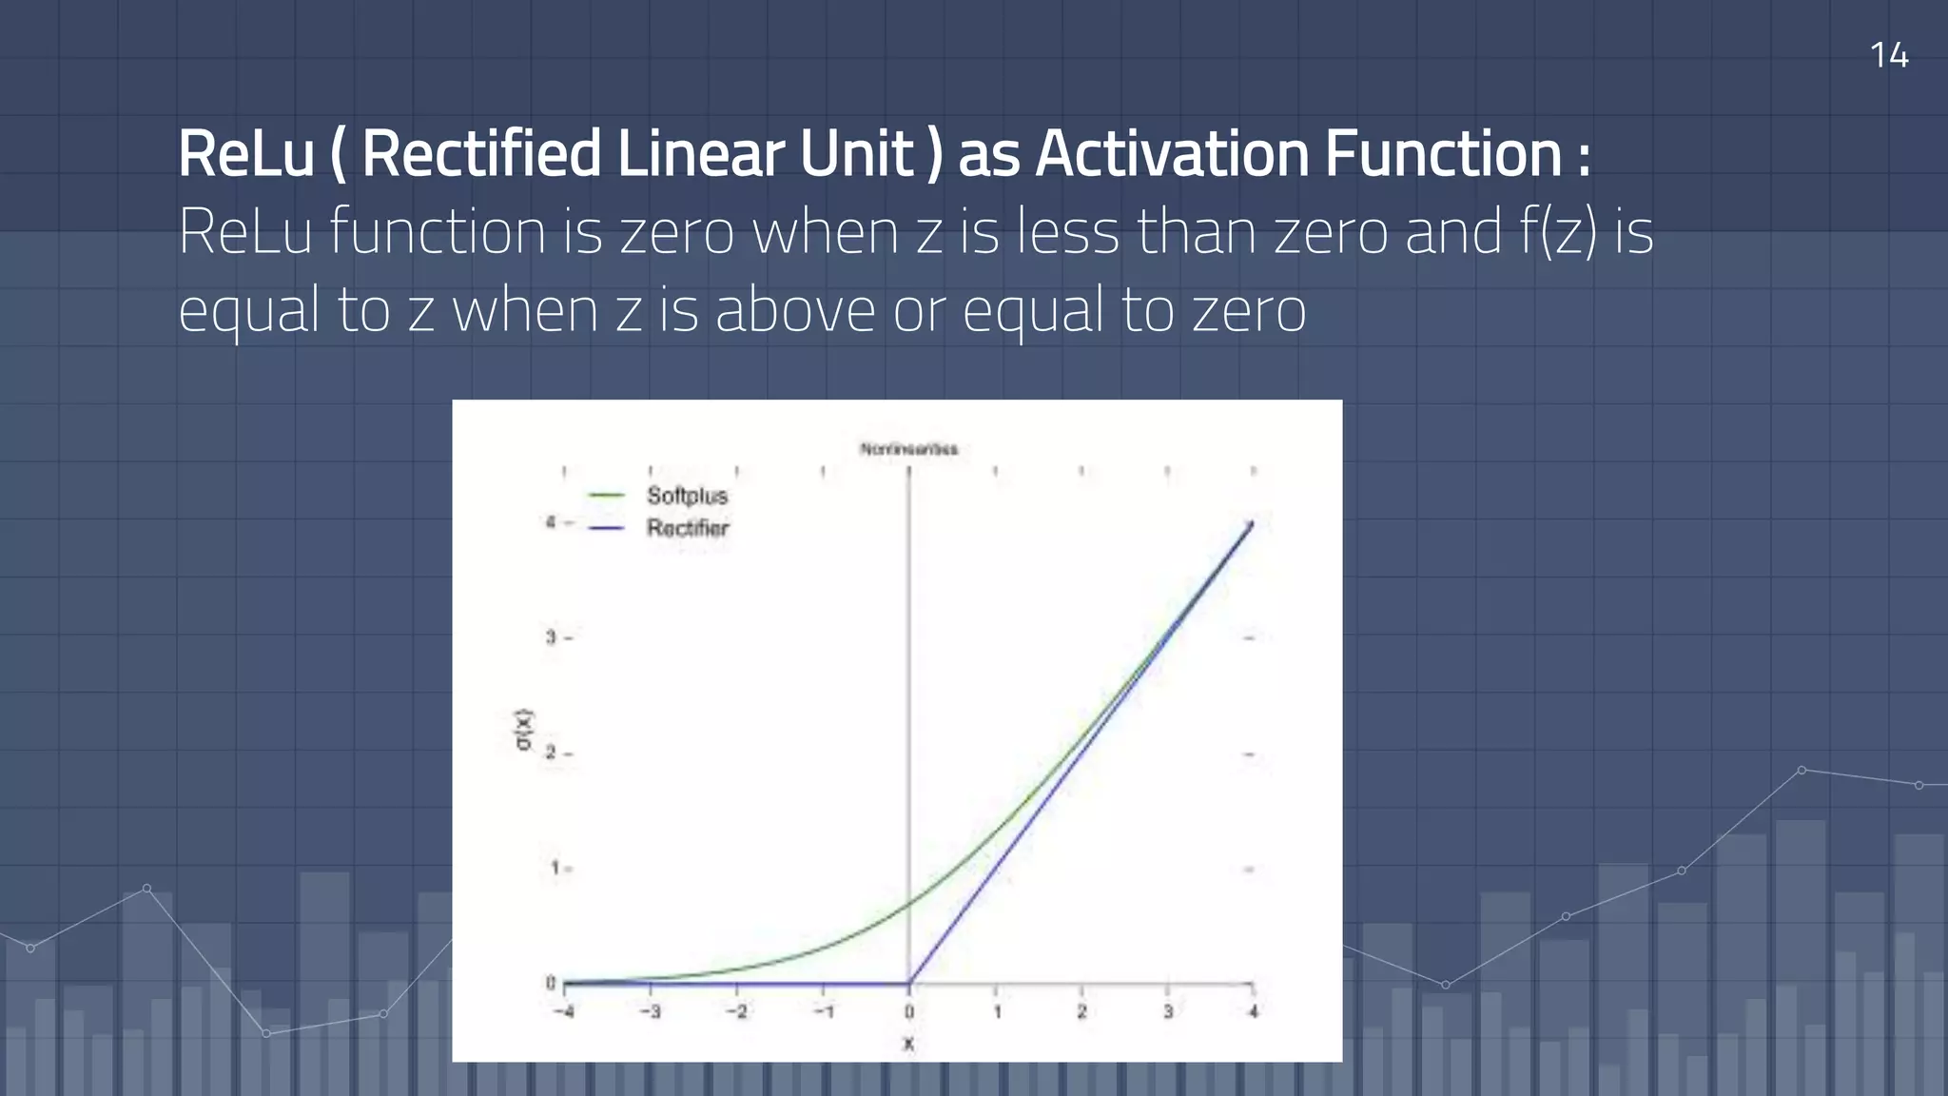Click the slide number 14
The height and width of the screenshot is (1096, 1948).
pyautogui.click(x=1888, y=55)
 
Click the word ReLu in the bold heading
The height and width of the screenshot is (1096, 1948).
pyautogui.click(x=245, y=154)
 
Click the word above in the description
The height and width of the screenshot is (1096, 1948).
pyautogui.click(x=795, y=310)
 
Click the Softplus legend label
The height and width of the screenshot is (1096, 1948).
pyautogui.click(x=687, y=496)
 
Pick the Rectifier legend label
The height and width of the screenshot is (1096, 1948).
pyautogui.click(x=688, y=528)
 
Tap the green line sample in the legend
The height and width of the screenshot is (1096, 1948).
pyautogui.click(x=606, y=496)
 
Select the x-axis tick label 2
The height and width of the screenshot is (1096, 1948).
pyautogui.click(x=1081, y=1011)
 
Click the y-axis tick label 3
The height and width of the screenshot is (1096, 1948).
pyautogui.click(x=551, y=637)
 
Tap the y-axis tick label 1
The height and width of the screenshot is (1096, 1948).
pyautogui.click(x=553, y=868)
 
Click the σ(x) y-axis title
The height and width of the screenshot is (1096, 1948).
pyautogui.click(x=523, y=730)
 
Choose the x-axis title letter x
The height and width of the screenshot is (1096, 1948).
pyautogui.click(x=908, y=1044)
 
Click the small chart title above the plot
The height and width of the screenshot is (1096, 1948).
pyautogui.click(x=908, y=449)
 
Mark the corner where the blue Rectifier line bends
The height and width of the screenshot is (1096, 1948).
pyautogui.click(x=909, y=984)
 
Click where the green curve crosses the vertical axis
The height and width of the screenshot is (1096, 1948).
pyautogui.click(x=909, y=902)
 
